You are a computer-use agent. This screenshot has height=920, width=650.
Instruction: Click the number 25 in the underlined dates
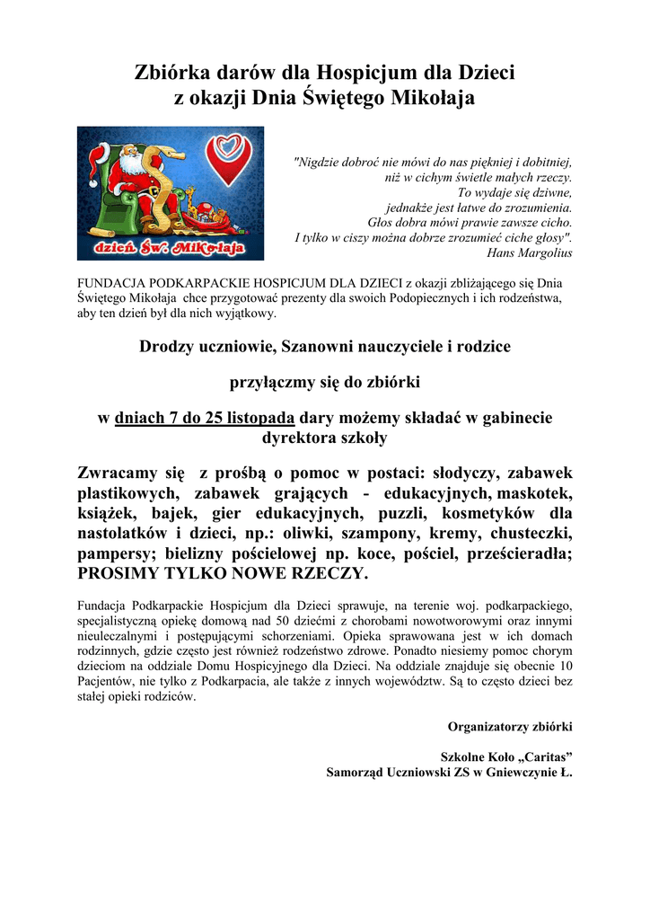pos(199,418)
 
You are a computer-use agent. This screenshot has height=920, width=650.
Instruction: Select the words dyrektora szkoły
pos(324,438)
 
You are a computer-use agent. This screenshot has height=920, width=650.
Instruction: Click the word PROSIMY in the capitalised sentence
pos(114,574)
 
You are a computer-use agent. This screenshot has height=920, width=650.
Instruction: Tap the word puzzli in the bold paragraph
pos(395,514)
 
